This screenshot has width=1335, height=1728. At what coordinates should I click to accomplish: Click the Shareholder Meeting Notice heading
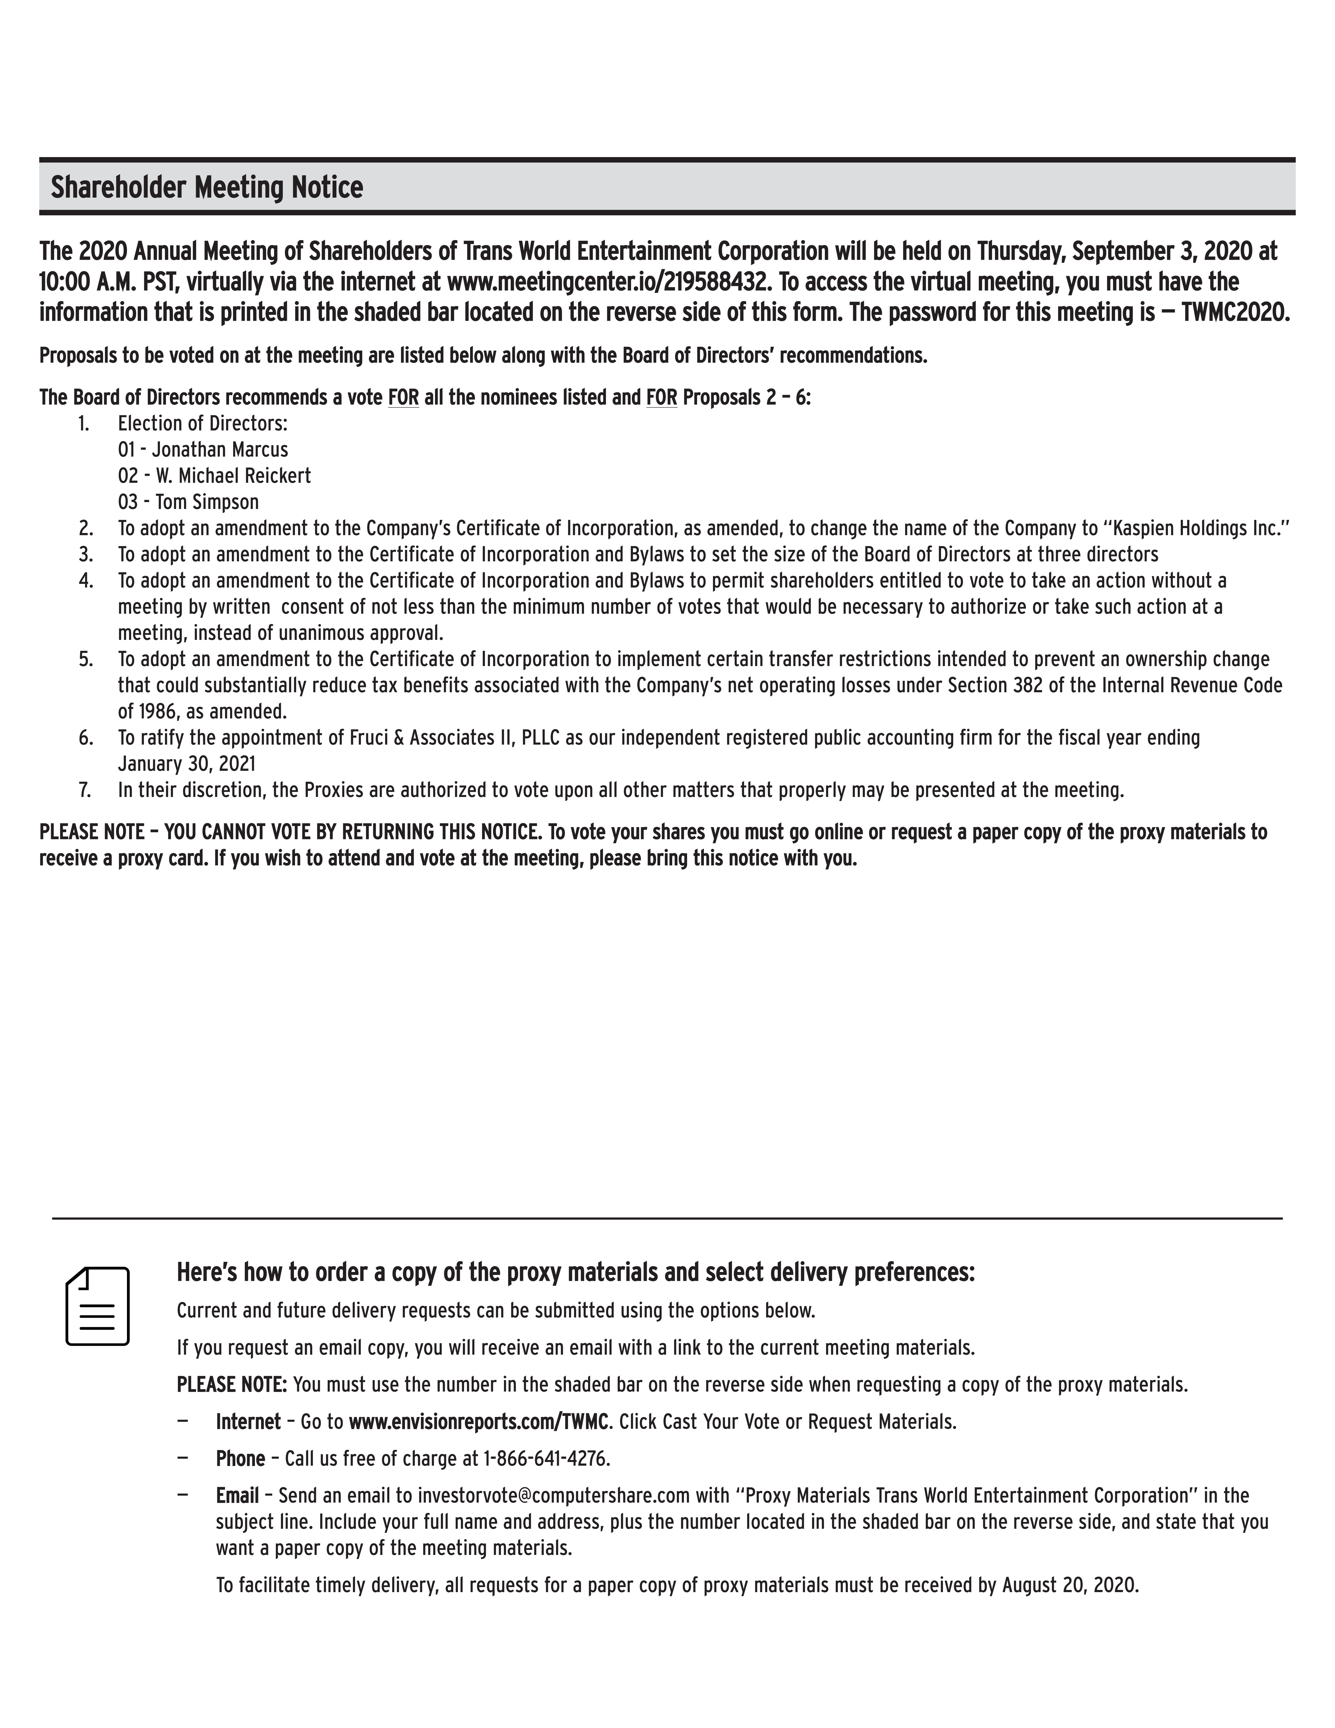coord(207,187)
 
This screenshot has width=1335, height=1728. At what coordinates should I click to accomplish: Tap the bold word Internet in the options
coord(248,1422)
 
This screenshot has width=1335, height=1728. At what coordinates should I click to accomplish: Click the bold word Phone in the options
coord(240,1458)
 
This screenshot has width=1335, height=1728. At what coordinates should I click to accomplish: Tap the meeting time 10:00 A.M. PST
coord(111,283)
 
